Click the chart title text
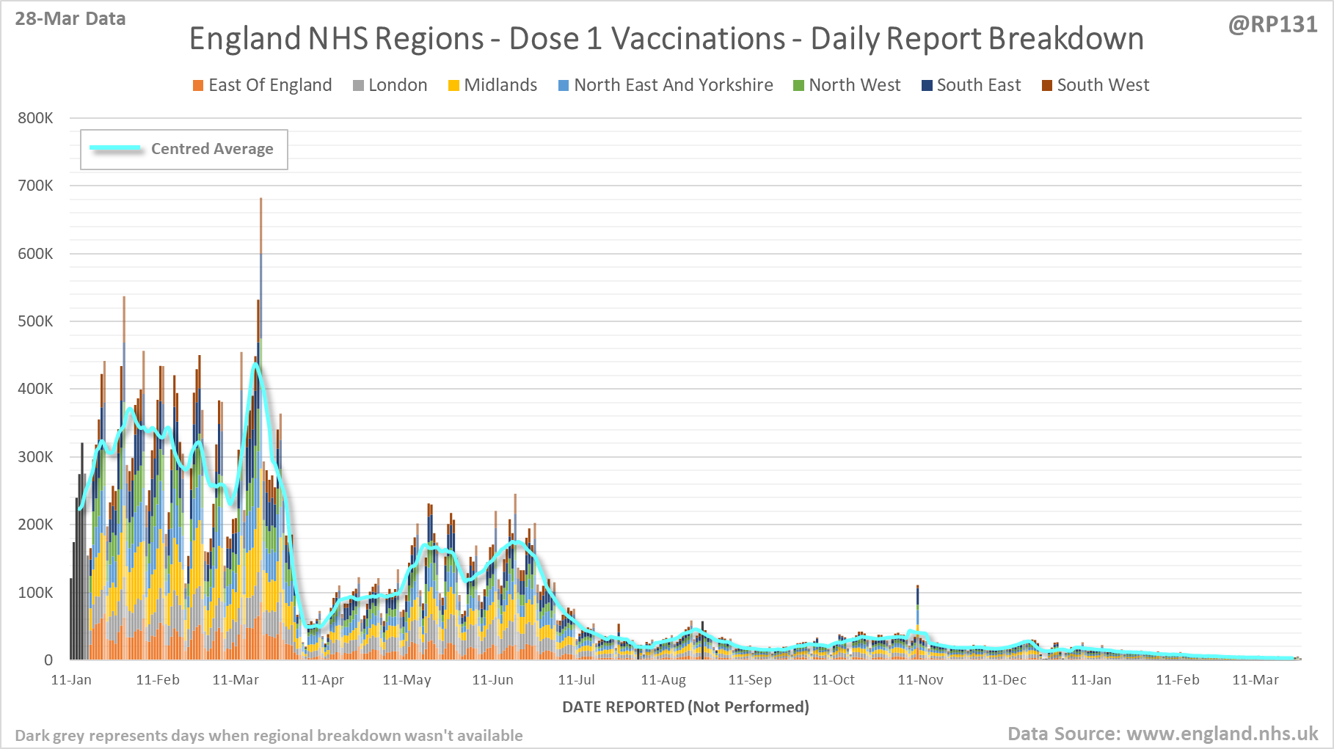point(666,39)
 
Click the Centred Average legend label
point(212,149)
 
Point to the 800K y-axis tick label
point(35,118)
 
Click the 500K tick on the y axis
point(35,321)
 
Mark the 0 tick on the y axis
point(48,660)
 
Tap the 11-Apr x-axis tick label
point(322,680)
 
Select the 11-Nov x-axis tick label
point(920,680)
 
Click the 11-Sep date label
point(750,680)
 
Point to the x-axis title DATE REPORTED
point(685,707)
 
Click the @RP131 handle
point(1272,25)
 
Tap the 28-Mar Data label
point(70,19)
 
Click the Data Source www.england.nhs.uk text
point(1162,734)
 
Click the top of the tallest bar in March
point(260,199)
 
